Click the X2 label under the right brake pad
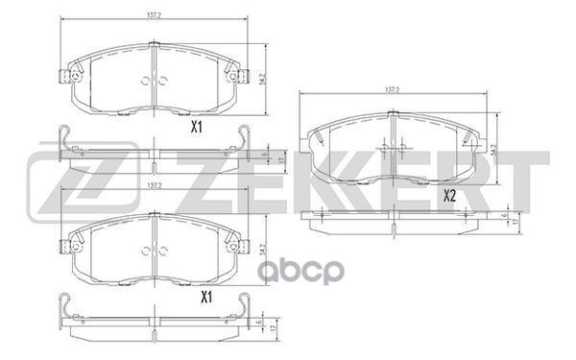448,196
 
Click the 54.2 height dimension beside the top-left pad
264,73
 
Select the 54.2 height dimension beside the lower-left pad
264,246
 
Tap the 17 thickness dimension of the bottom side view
272,327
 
